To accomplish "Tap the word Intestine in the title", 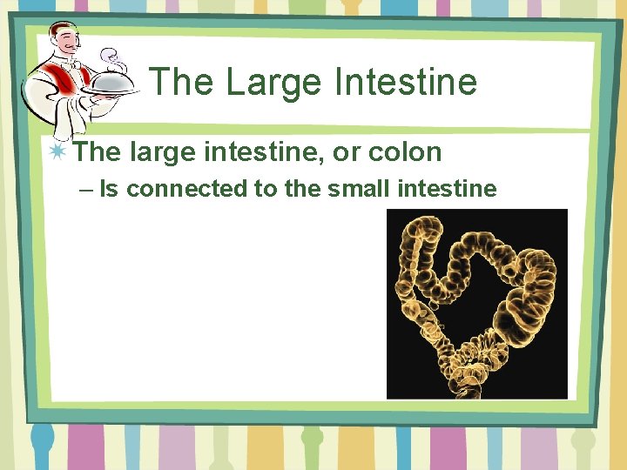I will (x=407, y=83).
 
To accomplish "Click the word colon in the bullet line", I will (x=405, y=152).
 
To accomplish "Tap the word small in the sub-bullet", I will (x=357, y=188).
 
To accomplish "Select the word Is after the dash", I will (x=109, y=188).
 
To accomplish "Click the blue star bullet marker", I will (x=57, y=151).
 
